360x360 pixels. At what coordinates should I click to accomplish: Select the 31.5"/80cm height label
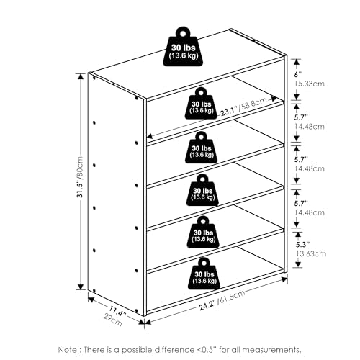[80, 177]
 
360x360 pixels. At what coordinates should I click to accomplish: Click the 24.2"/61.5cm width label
[222, 300]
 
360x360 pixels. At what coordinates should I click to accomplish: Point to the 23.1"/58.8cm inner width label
[243, 107]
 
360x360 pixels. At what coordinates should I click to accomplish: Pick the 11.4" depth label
[117, 310]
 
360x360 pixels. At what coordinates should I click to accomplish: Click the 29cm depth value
[113, 320]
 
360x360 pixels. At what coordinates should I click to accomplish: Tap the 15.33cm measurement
[310, 84]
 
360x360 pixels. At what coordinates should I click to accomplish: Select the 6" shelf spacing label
[298, 74]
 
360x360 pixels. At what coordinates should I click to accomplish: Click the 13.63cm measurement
[311, 253]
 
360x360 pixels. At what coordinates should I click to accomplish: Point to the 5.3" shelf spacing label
[302, 245]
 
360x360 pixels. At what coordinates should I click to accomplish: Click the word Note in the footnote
[67, 349]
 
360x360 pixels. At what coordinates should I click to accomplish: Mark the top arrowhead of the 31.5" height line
[81, 76]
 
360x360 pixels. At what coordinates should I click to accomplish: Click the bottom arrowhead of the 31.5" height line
[81, 287]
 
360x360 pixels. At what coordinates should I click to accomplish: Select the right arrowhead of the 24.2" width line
[284, 279]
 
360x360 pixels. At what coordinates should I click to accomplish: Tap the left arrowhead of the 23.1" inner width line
[150, 136]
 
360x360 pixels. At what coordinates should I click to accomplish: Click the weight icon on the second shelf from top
[201, 103]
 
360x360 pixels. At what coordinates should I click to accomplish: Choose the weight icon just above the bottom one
[203, 232]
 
